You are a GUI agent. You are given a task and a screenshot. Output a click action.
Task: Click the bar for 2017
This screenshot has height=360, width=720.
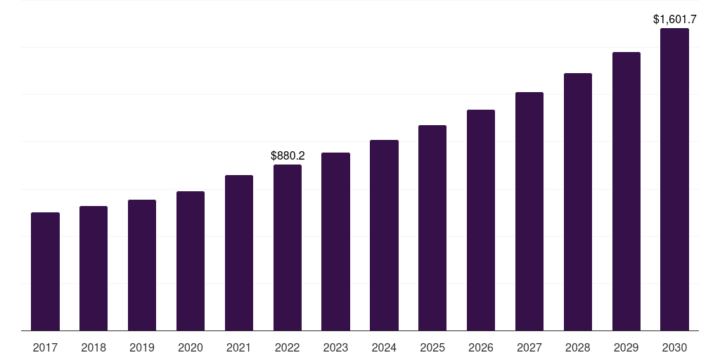click(x=45, y=271)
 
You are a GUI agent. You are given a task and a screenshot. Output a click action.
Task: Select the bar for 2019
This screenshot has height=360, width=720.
click(x=142, y=265)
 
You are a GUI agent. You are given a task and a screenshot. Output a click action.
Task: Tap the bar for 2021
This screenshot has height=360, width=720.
click(x=239, y=252)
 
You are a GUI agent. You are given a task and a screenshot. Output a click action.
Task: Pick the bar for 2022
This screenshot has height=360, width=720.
click(x=288, y=247)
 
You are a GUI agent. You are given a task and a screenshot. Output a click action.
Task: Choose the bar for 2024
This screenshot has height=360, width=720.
click(x=384, y=235)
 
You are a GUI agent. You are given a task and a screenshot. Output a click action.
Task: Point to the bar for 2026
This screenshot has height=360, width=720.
click(x=481, y=220)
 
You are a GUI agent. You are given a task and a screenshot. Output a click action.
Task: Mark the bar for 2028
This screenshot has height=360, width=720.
click(x=578, y=202)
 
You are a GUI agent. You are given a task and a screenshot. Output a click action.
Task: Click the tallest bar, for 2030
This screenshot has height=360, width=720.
click(x=675, y=179)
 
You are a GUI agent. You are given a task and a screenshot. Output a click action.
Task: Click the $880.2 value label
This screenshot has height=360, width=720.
click(x=288, y=155)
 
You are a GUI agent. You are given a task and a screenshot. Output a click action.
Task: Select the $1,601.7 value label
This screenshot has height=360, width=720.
click(x=675, y=19)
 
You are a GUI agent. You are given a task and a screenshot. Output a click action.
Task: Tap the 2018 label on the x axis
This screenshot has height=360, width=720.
click(x=94, y=347)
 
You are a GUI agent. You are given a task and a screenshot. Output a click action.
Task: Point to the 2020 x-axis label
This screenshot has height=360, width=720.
click(x=191, y=347)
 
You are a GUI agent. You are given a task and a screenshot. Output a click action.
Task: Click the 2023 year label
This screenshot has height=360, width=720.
click(x=335, y=347)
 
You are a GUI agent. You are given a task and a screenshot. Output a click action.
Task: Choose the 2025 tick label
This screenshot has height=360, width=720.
click(x=432, y=347)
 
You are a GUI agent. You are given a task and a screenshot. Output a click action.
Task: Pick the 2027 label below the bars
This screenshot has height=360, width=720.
click(x=529, y=347)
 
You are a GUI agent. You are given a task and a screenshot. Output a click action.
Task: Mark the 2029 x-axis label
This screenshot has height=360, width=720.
click(x=626, y=347)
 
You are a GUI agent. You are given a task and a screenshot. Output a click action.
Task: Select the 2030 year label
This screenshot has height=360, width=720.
click(x=675, y=347)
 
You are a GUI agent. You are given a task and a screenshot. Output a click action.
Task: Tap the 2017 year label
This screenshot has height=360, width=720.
click(x=45, y=347)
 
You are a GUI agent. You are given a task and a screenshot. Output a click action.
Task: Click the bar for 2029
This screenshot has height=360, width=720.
click(x=626, y=191)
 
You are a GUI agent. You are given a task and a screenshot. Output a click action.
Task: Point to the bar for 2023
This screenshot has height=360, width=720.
click(x=335, y=241)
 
